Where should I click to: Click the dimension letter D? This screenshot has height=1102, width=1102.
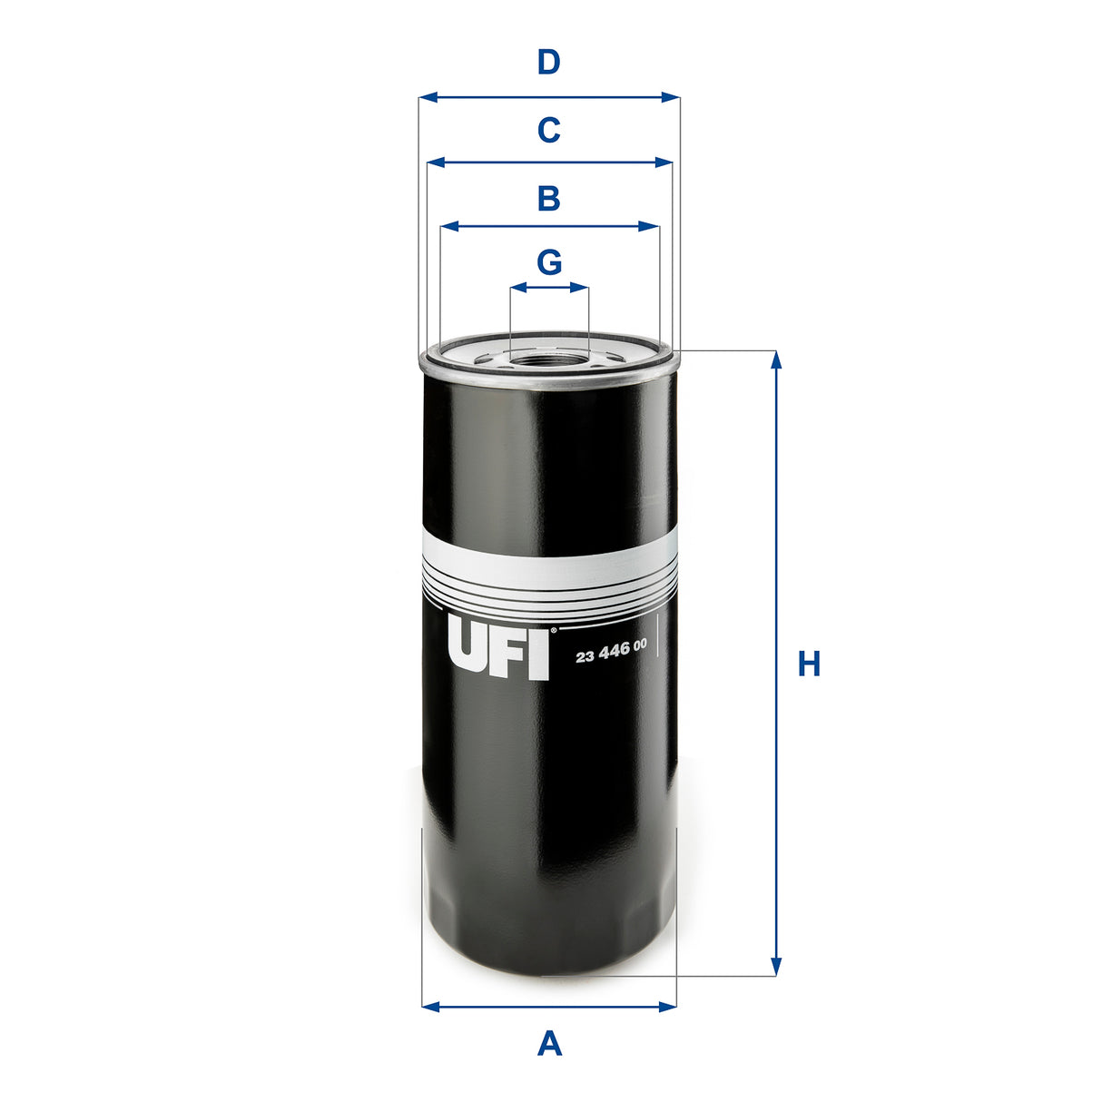(x=548, y=64)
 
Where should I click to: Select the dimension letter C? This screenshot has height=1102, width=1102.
(x=548, y=131)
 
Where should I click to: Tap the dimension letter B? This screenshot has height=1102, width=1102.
(x=548, y=198)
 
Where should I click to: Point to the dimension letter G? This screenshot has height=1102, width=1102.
(x=549, y=262)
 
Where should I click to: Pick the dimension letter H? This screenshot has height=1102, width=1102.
(x=809, y=664)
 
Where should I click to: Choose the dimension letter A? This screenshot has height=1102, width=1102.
(x=549, y=1043)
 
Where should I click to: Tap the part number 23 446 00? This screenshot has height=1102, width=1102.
(x=611, y=645)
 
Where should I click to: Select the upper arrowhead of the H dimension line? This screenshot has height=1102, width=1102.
(x=776, y=360)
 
